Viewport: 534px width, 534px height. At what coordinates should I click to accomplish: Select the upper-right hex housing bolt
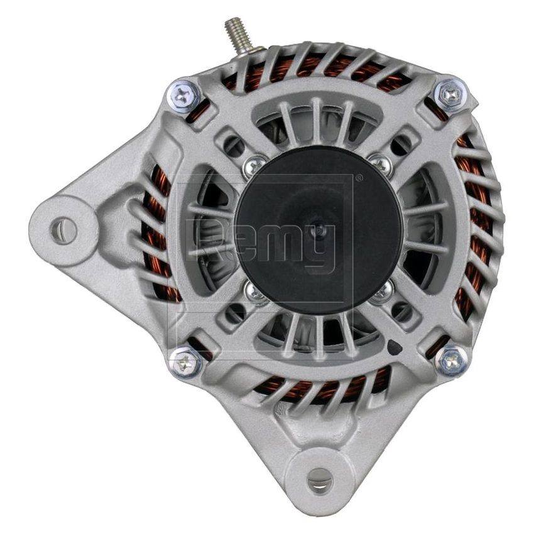coord(450,94)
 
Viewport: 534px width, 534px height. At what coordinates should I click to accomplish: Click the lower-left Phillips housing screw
coord(185,362)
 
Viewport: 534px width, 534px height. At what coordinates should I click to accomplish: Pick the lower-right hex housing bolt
coord(451,361)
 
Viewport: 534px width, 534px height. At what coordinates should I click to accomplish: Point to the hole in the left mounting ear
coord(63,231)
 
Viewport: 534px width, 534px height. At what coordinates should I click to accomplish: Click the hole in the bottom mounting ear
coord(320,481)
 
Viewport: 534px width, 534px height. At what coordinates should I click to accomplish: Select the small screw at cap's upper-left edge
coord(254,165)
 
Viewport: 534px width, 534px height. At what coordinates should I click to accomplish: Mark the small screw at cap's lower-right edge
coord(381,293)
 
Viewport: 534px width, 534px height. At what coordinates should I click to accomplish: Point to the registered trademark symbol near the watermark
coord(359,178)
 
